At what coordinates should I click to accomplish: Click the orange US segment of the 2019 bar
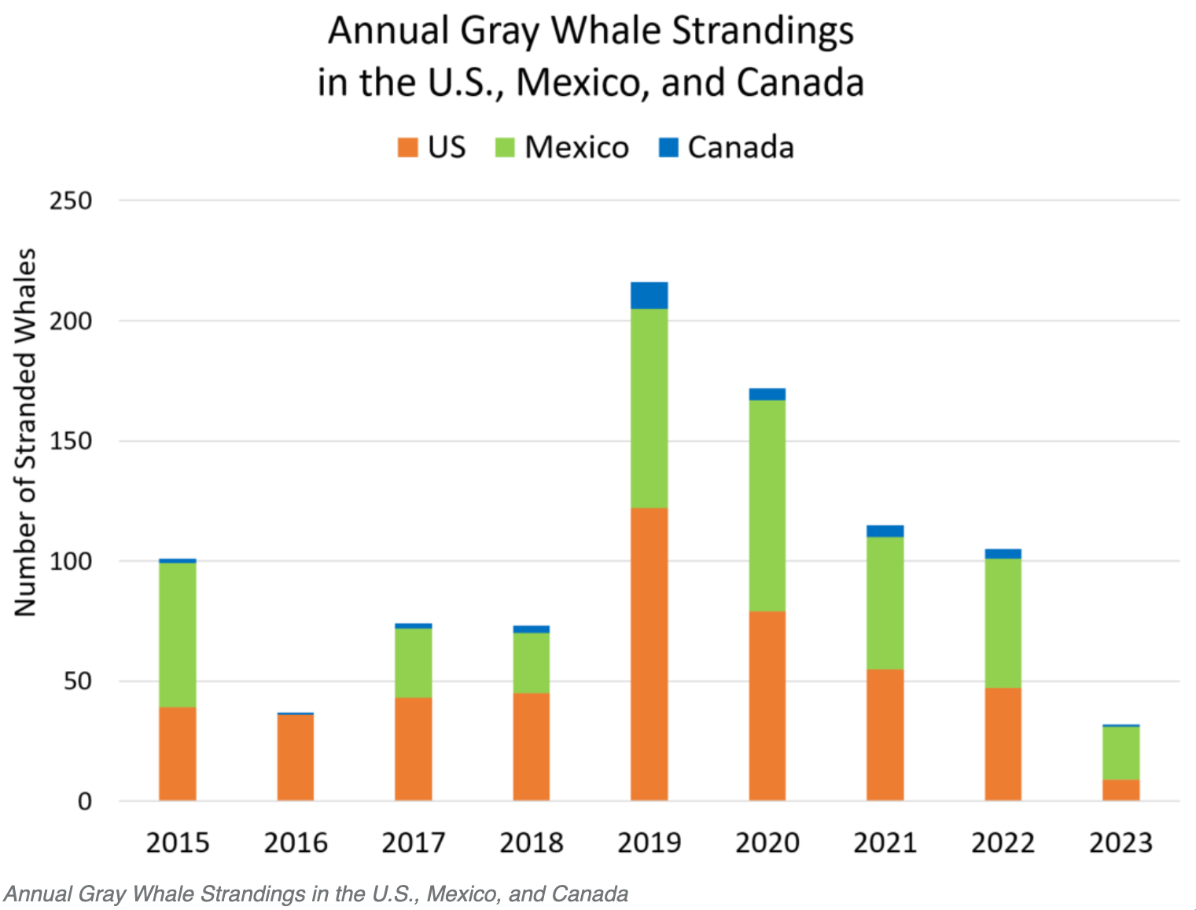(649, 654)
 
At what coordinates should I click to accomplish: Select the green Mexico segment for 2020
(767, 505)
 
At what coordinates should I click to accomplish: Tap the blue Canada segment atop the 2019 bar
(649, 295)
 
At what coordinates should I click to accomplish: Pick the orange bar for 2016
(296, 758)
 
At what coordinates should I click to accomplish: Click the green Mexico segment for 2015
(178, 635)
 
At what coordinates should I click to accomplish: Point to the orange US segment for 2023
(1121, 790)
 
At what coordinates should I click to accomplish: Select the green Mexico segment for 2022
(1003, 623)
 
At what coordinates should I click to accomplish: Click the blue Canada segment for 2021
(885, 531)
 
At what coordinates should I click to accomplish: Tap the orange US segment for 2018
(532, 747)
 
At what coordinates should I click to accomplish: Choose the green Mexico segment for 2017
(414, 663)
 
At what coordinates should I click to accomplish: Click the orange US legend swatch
(407, 148)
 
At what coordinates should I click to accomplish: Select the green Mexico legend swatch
(505, 148)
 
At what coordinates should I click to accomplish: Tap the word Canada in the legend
(741, 148)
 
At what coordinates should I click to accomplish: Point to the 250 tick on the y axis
(71, 201)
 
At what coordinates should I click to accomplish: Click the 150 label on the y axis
(71, 442)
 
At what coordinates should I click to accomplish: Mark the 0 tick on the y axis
(85, 802)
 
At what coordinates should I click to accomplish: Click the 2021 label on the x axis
(885, 843)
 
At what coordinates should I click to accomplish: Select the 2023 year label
(1121, 843)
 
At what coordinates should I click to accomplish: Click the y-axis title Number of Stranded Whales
(26, 432)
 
